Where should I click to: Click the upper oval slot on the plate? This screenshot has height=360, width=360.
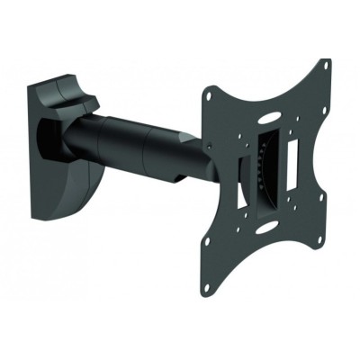pyautogui.click(x=269, y=116)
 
